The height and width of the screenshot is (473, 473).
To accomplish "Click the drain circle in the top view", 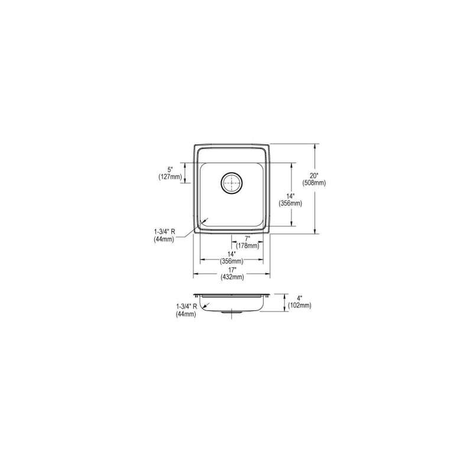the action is [232, 183].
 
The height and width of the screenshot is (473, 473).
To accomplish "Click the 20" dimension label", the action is [315, 175].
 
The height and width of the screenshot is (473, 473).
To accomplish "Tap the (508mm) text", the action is [315, 183].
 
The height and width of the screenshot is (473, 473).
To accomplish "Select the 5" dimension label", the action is [171, 170].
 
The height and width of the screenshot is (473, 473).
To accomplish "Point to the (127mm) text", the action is [170, 177].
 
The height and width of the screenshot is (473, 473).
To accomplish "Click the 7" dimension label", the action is [248, 238].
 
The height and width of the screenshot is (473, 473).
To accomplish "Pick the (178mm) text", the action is [248, 246].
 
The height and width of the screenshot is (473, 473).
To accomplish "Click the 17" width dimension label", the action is [232, 270].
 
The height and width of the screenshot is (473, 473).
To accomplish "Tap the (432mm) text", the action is [232, 277].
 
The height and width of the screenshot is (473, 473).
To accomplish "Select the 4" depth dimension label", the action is [299, 299].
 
